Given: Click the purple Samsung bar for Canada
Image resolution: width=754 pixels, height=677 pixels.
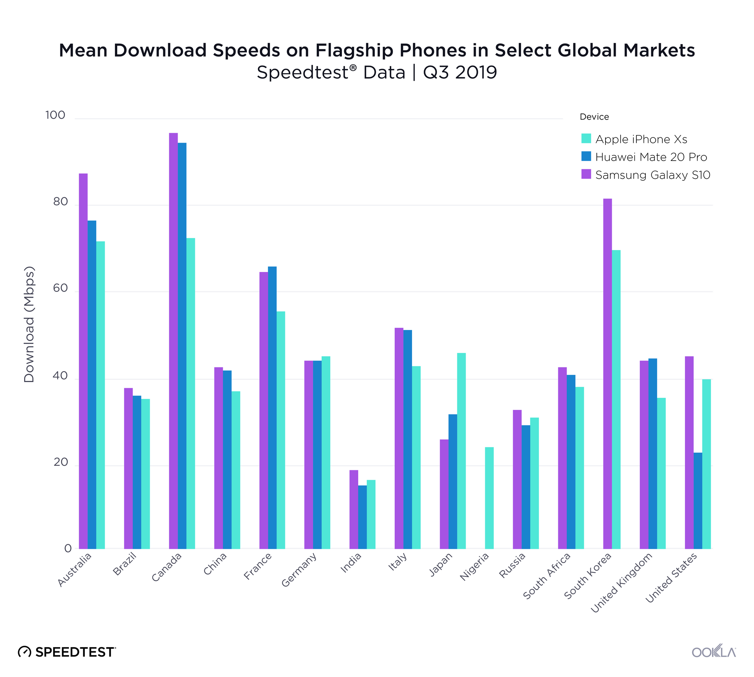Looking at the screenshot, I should (x=173, y=339).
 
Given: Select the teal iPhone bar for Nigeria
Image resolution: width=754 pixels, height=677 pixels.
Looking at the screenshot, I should (x=489, y=498).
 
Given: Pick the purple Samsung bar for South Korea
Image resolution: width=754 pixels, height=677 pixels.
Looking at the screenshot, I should (x=607, y=373).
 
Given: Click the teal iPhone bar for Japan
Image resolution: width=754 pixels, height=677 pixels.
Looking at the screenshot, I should (x=461, y=451).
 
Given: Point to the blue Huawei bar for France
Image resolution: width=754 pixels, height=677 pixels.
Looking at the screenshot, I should (x=272, y=407).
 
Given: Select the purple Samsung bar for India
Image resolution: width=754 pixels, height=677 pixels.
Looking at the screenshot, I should (x=354, y=509).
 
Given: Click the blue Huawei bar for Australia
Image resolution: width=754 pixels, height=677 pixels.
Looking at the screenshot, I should (x=92, y=385).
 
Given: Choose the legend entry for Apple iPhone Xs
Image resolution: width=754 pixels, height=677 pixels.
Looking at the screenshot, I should (x=641, y=139).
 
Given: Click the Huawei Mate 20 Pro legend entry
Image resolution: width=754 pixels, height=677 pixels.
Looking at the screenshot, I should (x=651, y=157).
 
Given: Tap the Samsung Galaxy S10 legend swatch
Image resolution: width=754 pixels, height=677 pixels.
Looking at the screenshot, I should (x=586, y=174).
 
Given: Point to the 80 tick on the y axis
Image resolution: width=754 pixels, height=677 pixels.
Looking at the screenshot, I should (x=60, y=202).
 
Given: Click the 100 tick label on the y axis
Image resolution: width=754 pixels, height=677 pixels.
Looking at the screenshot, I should (x=55, y=115).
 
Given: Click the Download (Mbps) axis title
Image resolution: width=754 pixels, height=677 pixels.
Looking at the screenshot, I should (x=29, y=324).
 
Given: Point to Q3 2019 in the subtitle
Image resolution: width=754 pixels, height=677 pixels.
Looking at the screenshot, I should (x=460, y=72).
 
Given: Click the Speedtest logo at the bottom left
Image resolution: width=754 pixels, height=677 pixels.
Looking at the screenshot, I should (x=67, y=652).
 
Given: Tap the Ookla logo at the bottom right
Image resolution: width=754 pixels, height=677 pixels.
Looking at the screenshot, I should (x=714, y=652).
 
